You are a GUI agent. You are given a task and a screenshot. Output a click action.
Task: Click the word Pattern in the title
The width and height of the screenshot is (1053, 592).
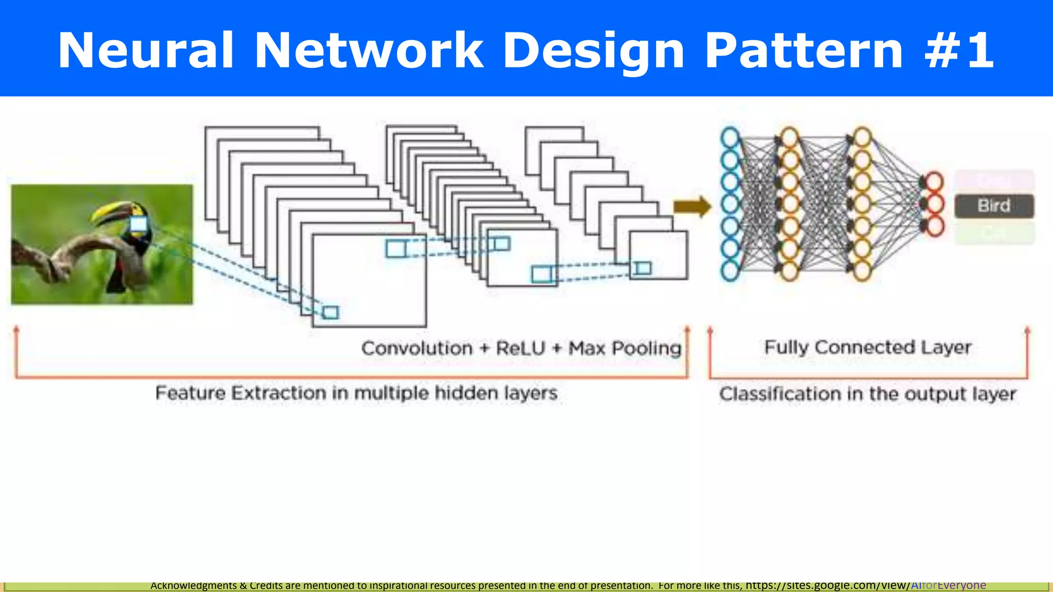[x=803, y=50]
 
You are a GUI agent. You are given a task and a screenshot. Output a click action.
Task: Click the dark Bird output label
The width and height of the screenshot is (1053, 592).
[x=994, y=206]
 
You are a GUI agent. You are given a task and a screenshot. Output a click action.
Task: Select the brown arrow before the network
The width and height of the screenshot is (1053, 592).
[x=692, y=207]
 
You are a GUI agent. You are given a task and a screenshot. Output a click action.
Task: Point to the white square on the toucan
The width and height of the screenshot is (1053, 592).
[x=138, y=225]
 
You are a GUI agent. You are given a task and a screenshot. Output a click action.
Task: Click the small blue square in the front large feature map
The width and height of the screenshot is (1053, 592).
[x=330, y=312]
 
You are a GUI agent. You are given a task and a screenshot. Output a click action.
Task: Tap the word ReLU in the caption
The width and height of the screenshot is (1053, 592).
[x=520, y=348]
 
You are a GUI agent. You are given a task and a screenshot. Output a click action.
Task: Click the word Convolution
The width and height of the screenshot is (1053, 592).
[x=416, y=348]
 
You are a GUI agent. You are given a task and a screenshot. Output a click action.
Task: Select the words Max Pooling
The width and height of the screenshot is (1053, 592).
[x=625, y=348]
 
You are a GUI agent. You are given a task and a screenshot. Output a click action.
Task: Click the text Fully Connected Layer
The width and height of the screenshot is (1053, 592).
[x=867, y=347]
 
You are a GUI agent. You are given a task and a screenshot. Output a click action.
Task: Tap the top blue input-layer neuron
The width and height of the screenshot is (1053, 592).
[x=730, y=137]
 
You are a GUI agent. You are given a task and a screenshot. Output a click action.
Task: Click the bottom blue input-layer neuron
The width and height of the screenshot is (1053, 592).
[x=730, y=271]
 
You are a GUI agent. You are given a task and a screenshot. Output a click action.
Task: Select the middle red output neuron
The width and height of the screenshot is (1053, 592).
[x=934, y=204]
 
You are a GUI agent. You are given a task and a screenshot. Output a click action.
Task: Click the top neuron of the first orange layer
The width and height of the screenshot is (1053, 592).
[x=790, y=137]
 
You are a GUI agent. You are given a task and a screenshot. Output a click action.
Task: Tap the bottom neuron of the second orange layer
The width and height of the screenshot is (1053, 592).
[x=862, y=271]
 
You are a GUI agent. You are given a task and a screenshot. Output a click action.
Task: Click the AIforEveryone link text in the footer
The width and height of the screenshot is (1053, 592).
[x=948, y=585]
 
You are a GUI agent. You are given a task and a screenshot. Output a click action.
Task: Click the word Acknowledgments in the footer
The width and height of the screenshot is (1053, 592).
[x=193, y=585]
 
